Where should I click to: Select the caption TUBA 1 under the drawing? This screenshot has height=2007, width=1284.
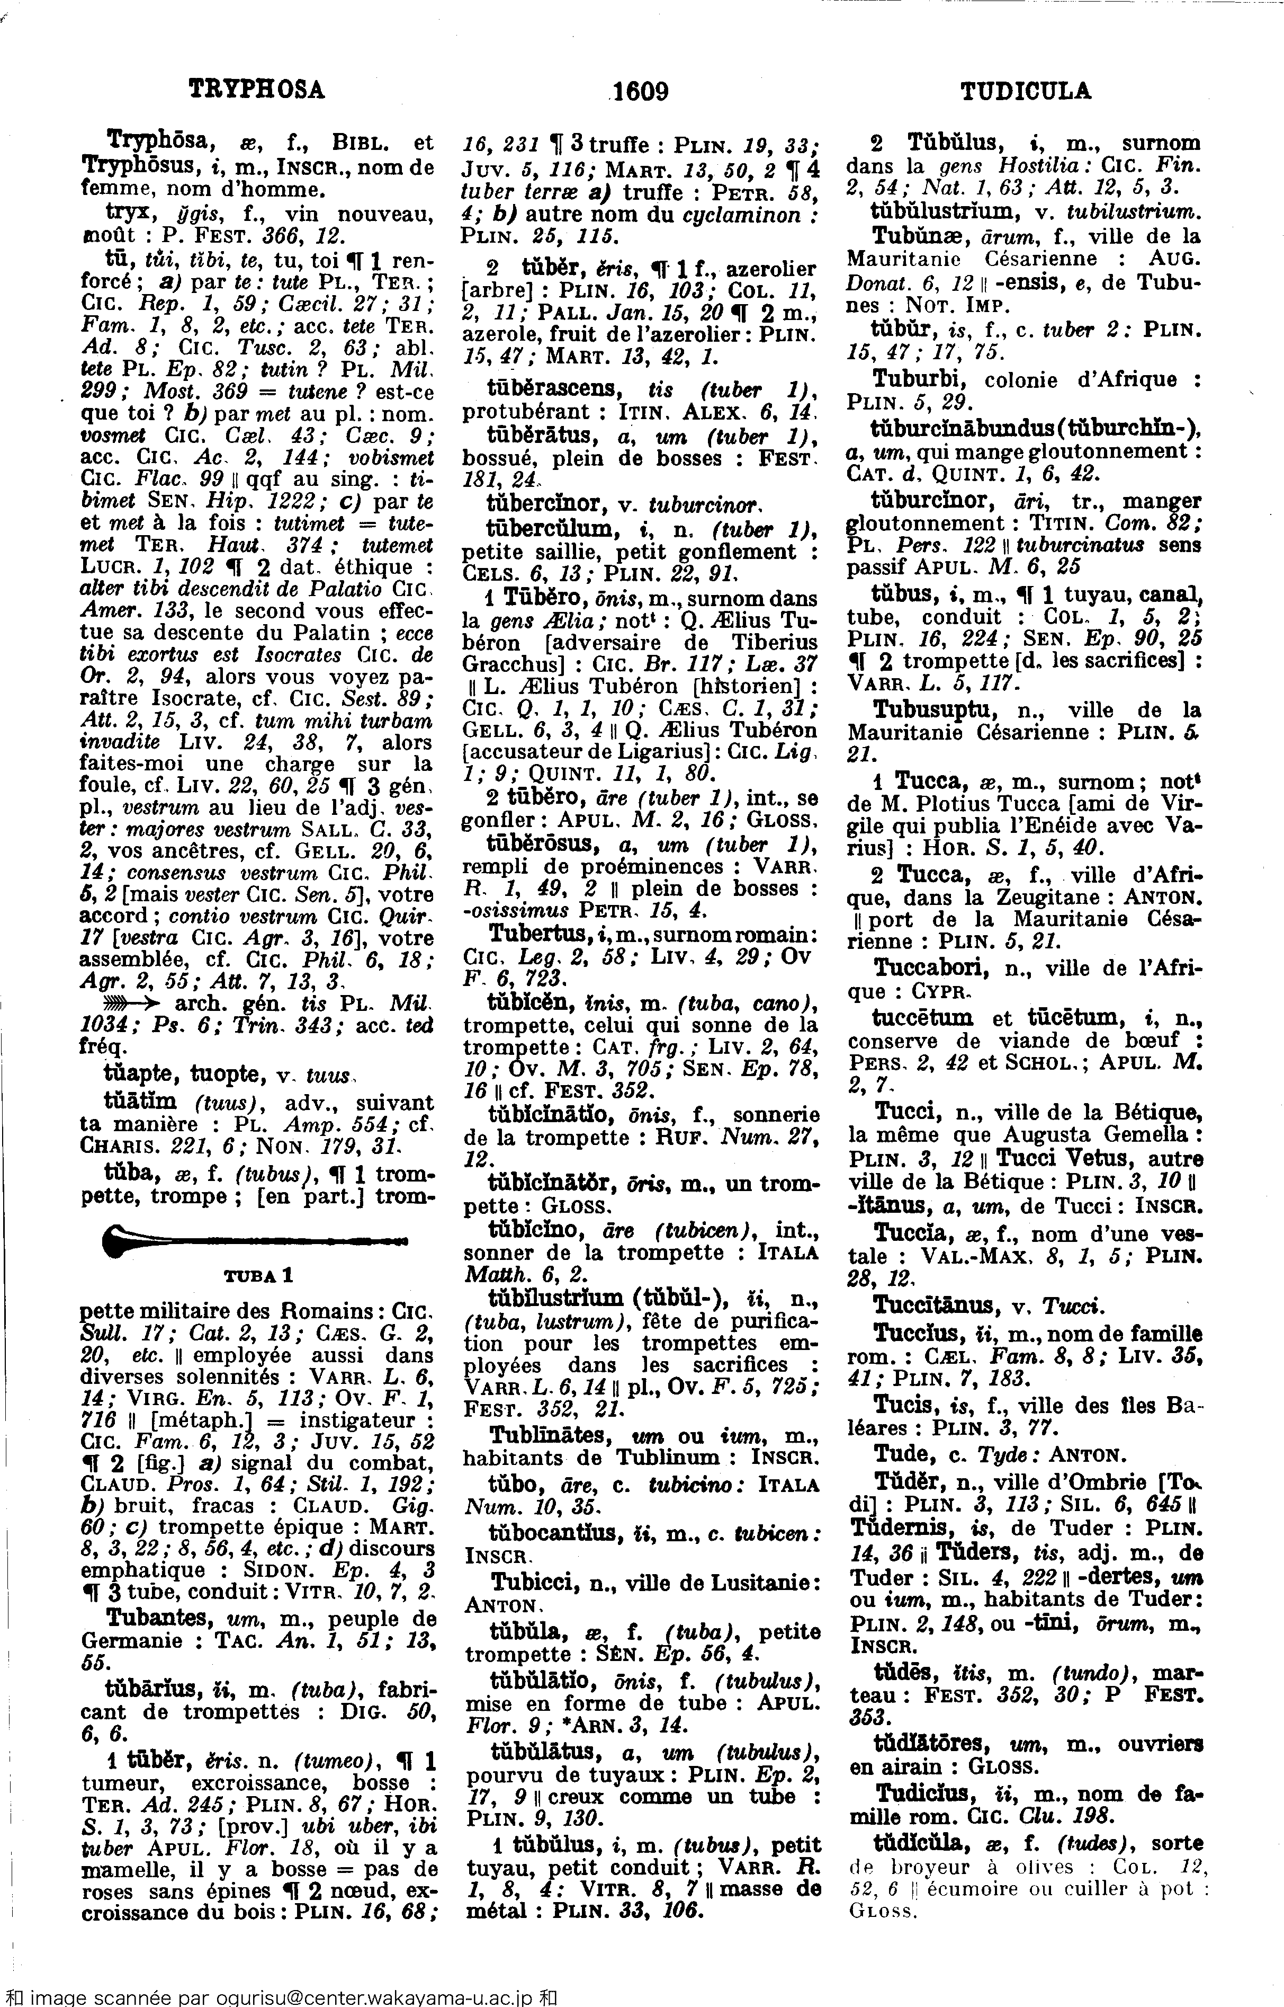[x=258, y=1275]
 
